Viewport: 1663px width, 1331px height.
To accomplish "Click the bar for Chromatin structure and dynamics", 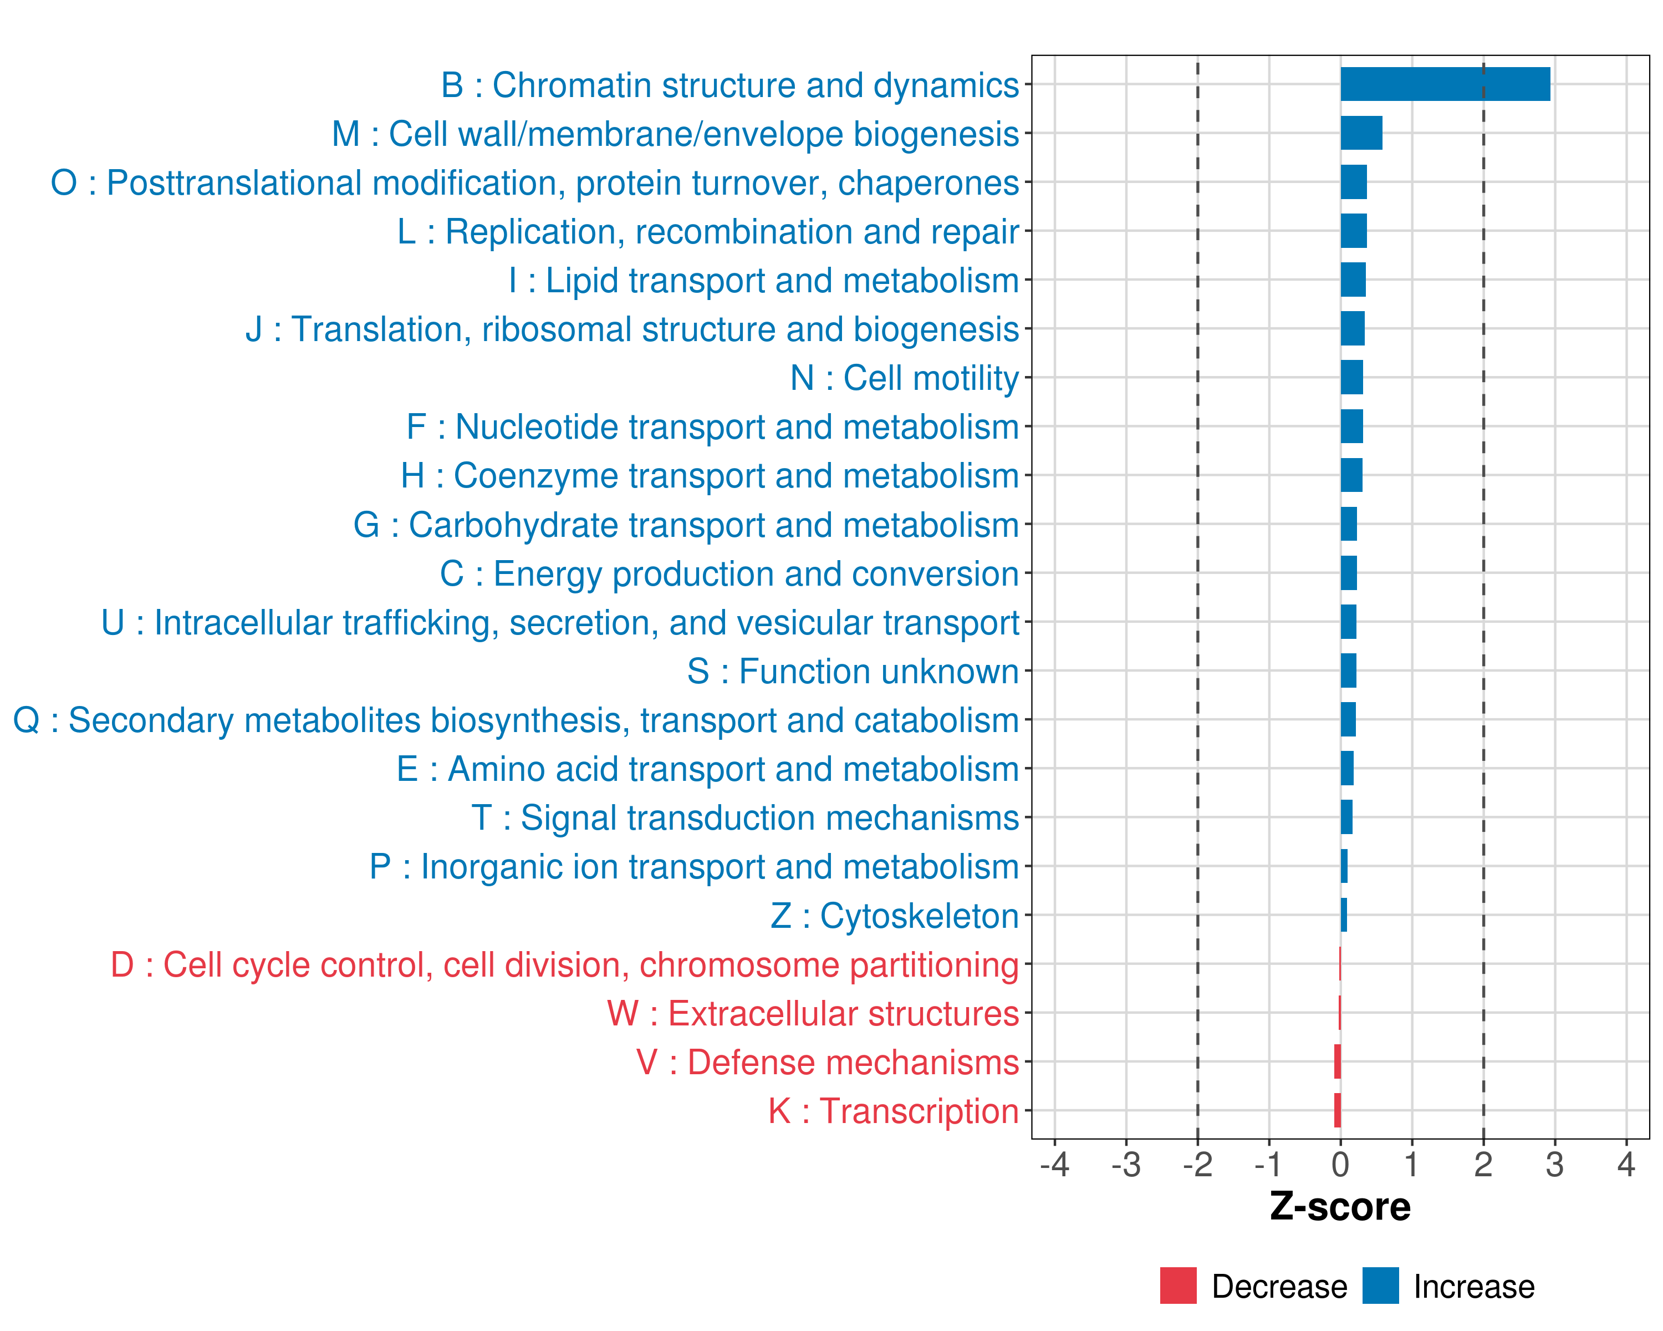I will [x=1445, y=84].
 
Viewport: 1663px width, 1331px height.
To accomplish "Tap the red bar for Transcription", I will [x=1338, y=1110].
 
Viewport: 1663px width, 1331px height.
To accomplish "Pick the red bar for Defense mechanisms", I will [x=1338, y=1061].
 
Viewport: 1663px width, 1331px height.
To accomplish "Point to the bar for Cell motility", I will [x=1351, y=377].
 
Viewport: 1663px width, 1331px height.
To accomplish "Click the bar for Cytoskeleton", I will [x=1344, y=915].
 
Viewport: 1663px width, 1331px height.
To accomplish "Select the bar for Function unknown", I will [x=1348, y=670].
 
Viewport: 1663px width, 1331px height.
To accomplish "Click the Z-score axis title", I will [x=1340, y=1207].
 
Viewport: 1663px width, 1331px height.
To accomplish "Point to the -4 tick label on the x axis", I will [x=1054, y=1164].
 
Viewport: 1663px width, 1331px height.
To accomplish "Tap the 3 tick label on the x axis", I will [x=1554, y=1164].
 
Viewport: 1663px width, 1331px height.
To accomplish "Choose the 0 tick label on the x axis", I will [x=1340, y=1164].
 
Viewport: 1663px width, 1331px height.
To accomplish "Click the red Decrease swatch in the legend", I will [x=1178, y=1286].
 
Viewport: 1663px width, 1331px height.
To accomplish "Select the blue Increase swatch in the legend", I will [x=1380, y=1286].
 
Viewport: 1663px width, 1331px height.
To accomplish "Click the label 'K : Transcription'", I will [x=893, y=1111].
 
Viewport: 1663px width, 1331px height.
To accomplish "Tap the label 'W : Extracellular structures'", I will [x=813, y=1013].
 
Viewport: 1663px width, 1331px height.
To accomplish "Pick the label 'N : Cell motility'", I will [x=905, y=378].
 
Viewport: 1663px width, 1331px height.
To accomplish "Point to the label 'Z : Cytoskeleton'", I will [x=895, y=916].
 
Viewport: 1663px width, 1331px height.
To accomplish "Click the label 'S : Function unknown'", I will [x=853, y=671].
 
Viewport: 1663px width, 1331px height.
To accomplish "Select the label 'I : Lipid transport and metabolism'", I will [x=764, y=280].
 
